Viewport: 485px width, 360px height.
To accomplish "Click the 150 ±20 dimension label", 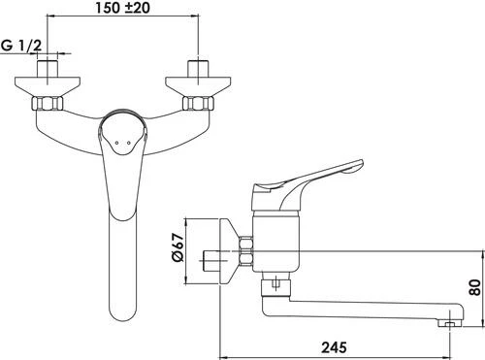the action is (x=122, y=8).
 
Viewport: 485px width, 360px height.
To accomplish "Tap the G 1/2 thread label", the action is (x=21, y=46).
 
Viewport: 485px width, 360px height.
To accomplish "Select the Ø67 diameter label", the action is (x=178, y=247).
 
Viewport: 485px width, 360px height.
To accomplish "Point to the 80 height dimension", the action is (x=475, y=287).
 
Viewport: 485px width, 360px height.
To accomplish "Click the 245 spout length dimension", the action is (x=334, y=347).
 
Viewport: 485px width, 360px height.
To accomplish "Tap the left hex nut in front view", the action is (x=48, y=103).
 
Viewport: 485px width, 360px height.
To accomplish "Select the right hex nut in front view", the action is (x=198, y=103).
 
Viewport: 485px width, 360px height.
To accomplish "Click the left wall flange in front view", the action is (x=48, y=86).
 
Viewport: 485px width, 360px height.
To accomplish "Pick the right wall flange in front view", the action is (x=198, y=86).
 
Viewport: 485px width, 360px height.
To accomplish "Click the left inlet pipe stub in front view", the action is (x=48, y=69).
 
